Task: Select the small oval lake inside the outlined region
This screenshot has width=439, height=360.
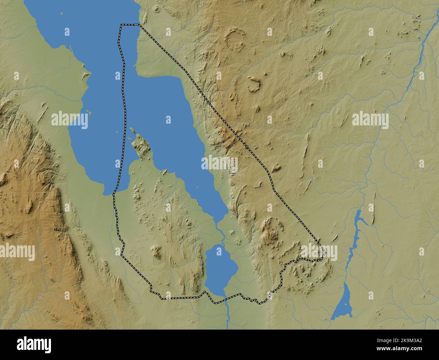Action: click(221, 267)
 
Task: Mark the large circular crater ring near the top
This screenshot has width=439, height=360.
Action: click(235, 40)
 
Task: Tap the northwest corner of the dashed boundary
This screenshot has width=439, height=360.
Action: click(122, 25)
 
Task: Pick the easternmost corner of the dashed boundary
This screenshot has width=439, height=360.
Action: click(325, 252)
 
